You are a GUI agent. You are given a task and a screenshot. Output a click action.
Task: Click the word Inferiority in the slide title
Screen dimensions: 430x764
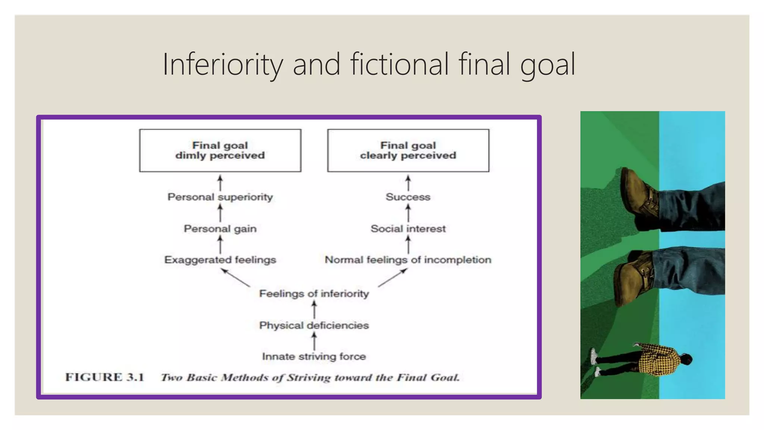[x=223, y=65]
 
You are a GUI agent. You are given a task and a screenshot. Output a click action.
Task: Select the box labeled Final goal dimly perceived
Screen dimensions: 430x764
[x=220, y=150]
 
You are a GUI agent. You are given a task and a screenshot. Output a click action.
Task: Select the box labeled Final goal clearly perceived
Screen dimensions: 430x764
[x=408, y=150]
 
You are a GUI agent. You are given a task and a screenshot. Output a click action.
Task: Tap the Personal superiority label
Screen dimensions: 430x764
[x=220, y=197]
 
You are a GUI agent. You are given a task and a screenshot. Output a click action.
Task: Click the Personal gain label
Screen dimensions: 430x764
[x=220, y=229]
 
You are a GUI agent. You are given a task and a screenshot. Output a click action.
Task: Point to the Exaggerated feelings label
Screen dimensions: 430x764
[x=220, y=260]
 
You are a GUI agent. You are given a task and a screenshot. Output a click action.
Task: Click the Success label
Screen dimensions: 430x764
[x=408, y=197]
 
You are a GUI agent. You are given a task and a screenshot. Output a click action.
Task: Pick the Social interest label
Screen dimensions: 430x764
[x=408, y=229]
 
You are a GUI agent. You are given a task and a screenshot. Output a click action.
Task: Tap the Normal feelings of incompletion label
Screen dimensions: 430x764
[x=408, y=260]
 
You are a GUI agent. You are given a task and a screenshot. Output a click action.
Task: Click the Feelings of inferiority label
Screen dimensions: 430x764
[x=314, y=294]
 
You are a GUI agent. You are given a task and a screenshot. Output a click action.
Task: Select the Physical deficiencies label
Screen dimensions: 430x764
[x=314, y=325]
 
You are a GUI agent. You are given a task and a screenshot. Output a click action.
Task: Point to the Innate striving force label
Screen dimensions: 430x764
[x=314, y=356]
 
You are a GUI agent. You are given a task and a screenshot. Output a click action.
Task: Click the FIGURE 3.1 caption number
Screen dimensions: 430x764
[x=105, y=377]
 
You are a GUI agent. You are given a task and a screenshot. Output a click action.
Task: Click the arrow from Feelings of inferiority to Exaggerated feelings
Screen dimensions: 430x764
[x=236, y=278]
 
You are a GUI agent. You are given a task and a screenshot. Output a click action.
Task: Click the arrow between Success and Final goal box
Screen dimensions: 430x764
[x=408, y=183]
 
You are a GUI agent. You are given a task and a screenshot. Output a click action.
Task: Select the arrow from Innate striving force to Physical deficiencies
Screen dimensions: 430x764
[x=314, y=341]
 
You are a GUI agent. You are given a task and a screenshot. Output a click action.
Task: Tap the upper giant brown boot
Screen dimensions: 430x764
[x=639, y=196]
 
